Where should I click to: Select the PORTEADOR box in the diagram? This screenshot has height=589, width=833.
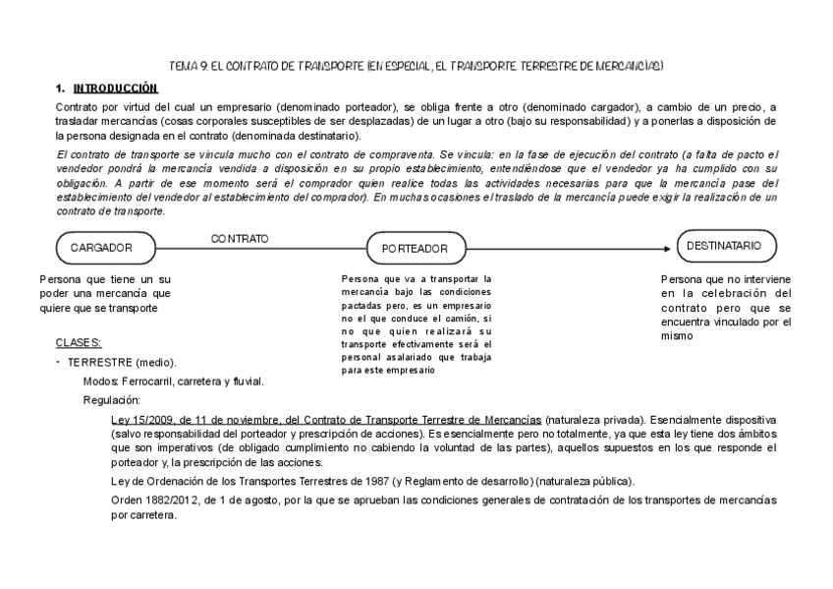pyautogui.click(x=415, y=249)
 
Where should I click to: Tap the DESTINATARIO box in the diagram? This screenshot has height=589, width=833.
pyautogui.click(x=727, y=246)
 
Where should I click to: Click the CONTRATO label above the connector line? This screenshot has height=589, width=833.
pyautogui.click(x=240, y=239)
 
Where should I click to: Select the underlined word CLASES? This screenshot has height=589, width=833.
pyautogui.click(x=79, y=343)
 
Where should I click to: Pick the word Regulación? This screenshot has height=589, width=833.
pyautogui.click(x=112, y=400)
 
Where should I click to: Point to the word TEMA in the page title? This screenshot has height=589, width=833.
pyautogui.click(x=184, y=66)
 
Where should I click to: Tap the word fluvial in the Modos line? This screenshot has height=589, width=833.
pyautogui.click(x=249, y=381)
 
